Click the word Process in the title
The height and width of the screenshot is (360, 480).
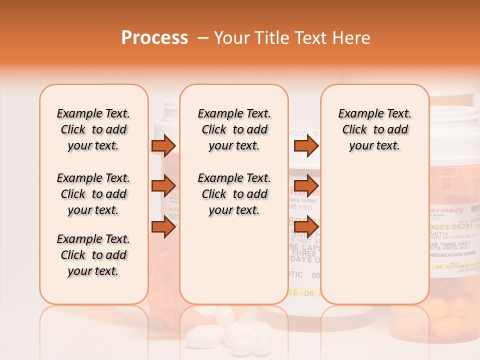coord(154,38)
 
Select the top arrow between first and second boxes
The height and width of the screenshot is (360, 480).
coord(163,145)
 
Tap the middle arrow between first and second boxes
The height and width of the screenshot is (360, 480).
coord(163,186)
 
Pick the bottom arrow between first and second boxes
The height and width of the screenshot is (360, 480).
coord(163,227)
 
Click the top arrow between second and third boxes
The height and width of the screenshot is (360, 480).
coord(306,145)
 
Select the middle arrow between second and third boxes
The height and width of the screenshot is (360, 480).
coord(306,186)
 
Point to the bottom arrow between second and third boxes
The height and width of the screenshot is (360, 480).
coord(306,227)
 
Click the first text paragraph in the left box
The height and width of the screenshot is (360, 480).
coord(93,129)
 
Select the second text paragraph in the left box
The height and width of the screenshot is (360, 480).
coord(93,194)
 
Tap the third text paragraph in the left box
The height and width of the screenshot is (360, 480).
coord(93,255)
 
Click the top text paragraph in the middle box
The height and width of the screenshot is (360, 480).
coord(234,129)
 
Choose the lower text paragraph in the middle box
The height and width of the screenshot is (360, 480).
coord(234,194)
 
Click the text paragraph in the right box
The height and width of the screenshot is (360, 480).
coord(374,129)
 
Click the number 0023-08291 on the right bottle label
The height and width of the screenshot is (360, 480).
coord(450,226)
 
